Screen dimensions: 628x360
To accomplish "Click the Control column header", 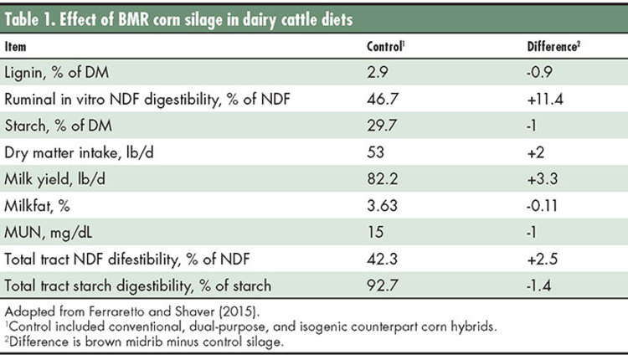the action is pos(385,46).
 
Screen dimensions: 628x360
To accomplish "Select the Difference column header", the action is pos(553,46).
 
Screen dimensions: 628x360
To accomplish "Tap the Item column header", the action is pos(15,46).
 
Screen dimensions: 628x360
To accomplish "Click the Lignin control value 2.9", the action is pos(378,72).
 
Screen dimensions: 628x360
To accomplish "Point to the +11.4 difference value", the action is pos(545,99).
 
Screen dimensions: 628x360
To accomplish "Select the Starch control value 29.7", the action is pos(382,126).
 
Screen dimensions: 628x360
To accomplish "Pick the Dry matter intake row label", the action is pos(79,152).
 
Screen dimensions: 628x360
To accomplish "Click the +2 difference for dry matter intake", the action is pos(536,152).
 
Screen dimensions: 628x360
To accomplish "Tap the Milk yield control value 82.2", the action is pos(383,178).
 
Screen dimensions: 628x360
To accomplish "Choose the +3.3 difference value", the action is pos(543,178).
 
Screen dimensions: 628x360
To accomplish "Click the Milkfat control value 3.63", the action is pos(382,205).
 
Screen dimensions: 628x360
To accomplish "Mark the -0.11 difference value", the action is pos(542,205).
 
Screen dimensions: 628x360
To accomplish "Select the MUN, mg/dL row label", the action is pos(48,233).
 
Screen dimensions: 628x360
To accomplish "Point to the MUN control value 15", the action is pos(375,232).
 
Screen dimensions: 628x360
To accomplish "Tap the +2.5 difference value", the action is pos(542,259).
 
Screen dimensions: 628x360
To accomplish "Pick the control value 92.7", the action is pos(382,285).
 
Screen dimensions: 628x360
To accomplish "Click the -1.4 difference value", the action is pos(538,285).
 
